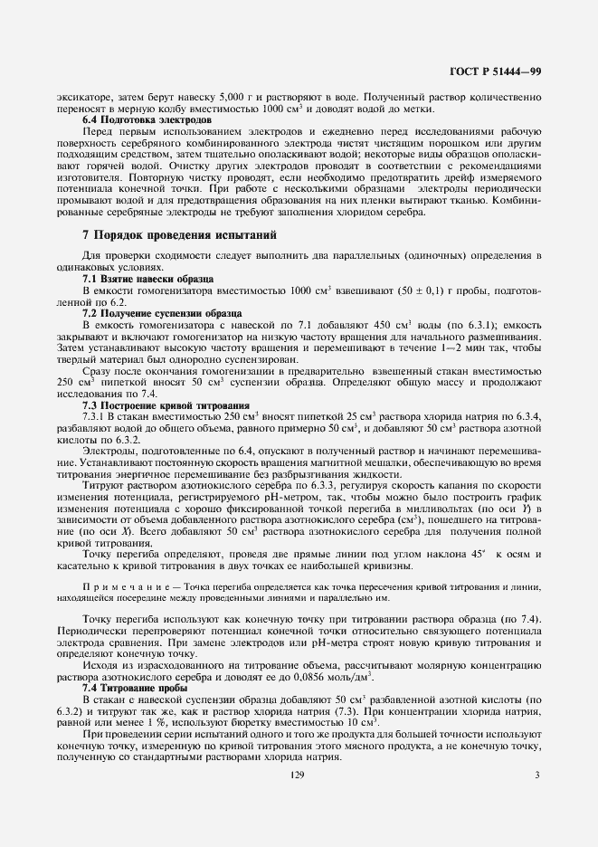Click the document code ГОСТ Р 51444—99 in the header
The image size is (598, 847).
497,71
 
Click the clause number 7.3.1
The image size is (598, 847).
97,419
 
